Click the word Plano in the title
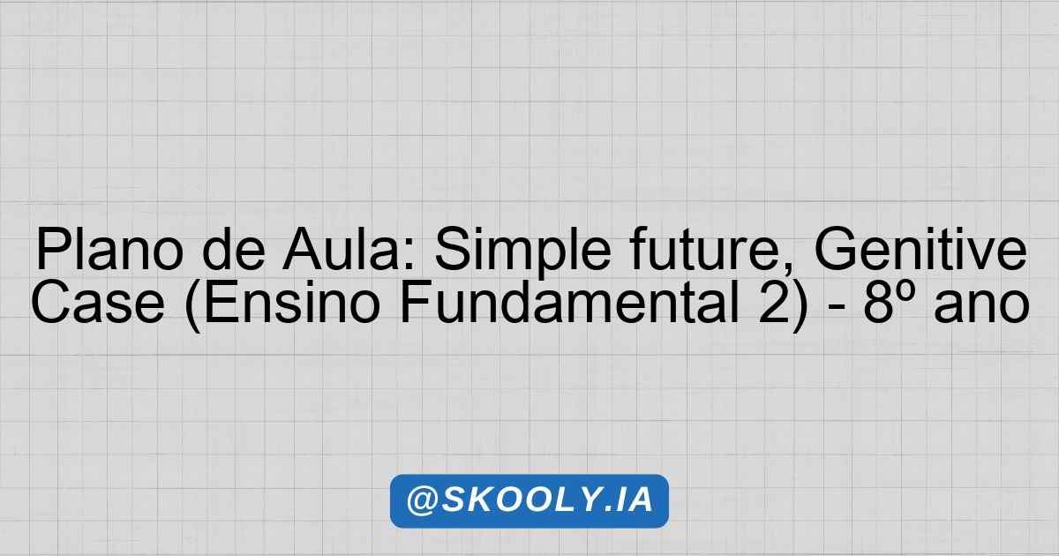pos(109,249)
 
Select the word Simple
pos(522,252)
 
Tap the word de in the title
pos(234,249)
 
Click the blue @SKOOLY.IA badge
pos(529,500)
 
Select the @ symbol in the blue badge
pos(422,501)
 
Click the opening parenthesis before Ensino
pos(193,305)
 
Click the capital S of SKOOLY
pos(453,500)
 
